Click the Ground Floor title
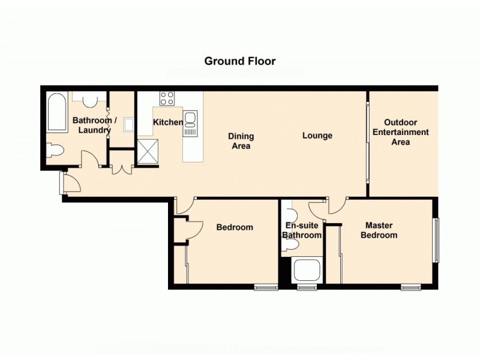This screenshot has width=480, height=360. click(x=240, y=61)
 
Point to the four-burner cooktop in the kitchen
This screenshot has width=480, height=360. click(x=167, y=98)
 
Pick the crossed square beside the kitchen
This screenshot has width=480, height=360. click(x=147, y=151)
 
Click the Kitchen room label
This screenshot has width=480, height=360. click(x=168, y=122)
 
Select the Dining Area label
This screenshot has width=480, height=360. click(x=241, y=141)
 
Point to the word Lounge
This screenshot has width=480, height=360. click(x=317, y=136)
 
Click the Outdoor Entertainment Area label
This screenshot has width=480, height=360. click(x=400, y=132)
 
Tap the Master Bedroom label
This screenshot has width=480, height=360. click(x=379, y=230)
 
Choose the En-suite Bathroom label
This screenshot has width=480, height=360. click(x=302, y=230)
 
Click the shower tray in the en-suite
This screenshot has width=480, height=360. click(x=308, y=271)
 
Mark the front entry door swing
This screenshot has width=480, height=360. click(x=71, y=183)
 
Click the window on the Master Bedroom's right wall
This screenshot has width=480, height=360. click(x=436, y=239)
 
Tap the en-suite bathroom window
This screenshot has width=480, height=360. click(x=307, y=288)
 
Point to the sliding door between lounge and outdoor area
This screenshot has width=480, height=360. click(x=367, y=143)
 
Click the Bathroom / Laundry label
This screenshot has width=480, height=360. click(x=92, y=125)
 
